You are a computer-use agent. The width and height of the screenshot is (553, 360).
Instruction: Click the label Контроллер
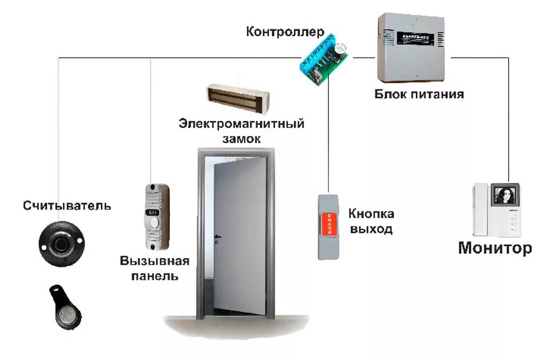click(285, 31)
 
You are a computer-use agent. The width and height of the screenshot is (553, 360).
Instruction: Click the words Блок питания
click(419, 94)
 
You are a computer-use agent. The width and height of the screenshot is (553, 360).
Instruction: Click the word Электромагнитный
click(241, 124)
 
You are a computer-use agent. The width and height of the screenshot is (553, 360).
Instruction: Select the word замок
click(241, 139)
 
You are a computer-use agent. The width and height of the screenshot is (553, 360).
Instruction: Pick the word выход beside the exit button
click(371, 229)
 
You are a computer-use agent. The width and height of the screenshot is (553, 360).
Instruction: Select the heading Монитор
click(495, 248)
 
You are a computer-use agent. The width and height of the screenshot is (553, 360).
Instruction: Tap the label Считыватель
click(67, 206)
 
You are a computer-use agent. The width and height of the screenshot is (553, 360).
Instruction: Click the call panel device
click(156, 217)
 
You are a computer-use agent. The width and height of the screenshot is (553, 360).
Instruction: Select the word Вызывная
click(155, 262)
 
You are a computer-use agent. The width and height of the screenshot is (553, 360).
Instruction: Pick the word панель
click(156, 277)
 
